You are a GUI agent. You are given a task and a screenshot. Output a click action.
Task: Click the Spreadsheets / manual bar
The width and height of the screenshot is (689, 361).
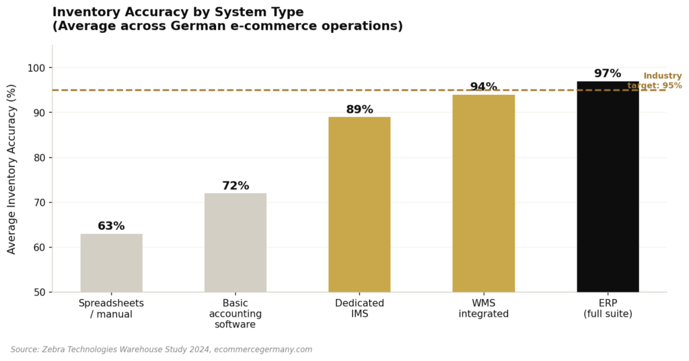111,263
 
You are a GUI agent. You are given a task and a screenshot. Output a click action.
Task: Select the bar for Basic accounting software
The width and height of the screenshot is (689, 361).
235,243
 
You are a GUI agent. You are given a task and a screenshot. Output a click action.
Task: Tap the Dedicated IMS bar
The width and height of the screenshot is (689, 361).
359,204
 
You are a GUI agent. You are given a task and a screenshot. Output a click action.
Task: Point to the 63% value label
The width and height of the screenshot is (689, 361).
111,227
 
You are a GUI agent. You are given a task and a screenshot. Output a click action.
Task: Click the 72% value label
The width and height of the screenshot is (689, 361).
235,186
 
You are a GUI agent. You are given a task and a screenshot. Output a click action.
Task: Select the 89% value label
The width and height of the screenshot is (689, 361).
359,110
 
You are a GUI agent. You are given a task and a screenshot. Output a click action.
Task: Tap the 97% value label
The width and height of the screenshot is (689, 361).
608,74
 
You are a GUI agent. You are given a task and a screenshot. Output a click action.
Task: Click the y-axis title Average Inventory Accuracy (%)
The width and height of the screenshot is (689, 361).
12,169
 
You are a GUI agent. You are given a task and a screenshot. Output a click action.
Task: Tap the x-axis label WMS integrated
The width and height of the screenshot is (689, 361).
483,309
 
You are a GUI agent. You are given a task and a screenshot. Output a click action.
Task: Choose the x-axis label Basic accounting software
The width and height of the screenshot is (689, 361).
235,314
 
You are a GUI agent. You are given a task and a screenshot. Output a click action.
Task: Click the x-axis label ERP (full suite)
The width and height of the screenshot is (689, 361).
608,309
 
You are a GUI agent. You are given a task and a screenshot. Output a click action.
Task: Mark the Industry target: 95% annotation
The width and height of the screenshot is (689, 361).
656,81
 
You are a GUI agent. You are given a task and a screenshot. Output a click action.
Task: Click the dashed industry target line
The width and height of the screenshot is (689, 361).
269,90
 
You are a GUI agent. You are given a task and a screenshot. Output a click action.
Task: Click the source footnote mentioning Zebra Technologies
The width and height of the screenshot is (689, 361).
161,350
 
